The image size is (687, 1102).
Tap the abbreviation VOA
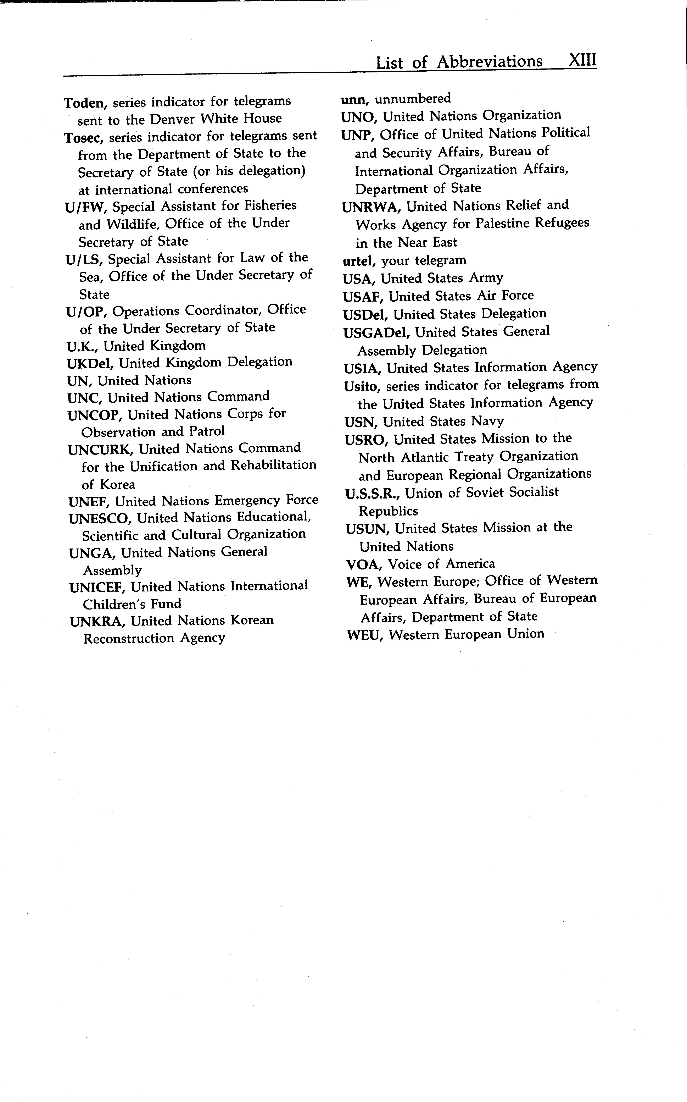coord(363,565)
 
